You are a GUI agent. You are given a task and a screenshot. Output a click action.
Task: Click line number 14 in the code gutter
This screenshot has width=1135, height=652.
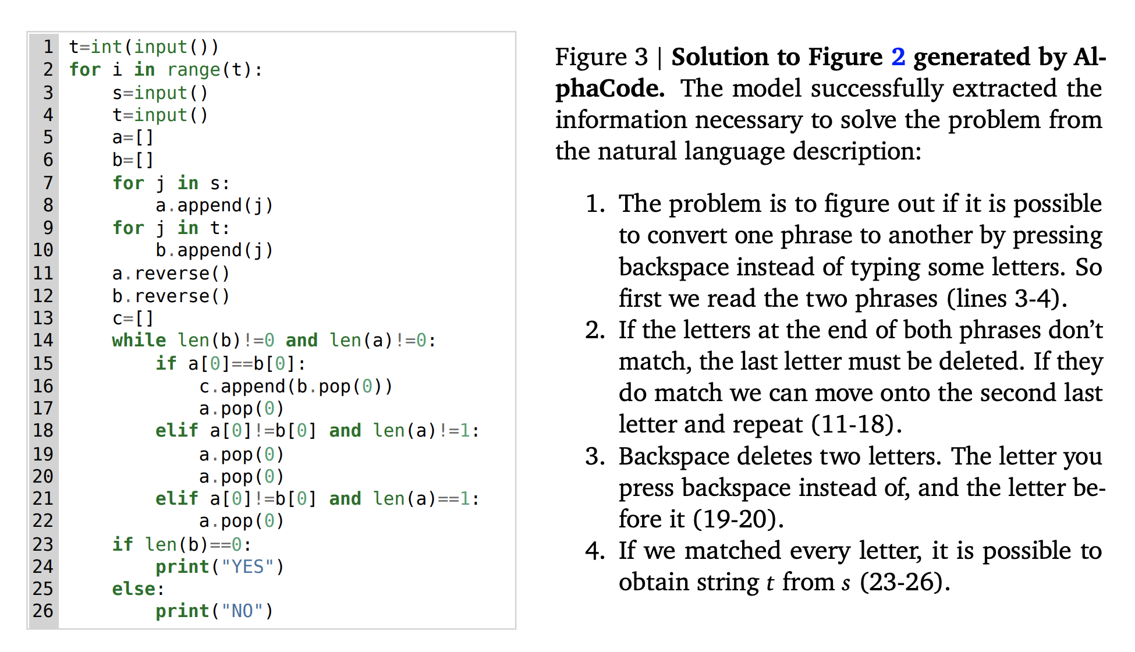coord(43,341)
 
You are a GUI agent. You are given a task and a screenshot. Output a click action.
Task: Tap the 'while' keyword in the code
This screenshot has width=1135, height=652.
coord(139,341)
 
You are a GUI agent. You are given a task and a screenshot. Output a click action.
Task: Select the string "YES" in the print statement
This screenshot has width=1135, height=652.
coord(247,566)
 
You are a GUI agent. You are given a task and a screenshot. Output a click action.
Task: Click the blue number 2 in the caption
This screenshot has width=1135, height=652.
coord(898,57)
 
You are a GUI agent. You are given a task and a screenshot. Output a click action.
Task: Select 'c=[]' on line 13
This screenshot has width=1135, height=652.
coord(133,318)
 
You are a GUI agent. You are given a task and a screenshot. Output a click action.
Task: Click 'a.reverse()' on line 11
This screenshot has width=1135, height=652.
coord(171,273)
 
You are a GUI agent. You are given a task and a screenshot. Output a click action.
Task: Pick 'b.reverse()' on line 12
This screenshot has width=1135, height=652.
coord(171,296)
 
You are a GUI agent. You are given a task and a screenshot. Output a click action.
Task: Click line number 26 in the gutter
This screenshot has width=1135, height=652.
coord(43,611)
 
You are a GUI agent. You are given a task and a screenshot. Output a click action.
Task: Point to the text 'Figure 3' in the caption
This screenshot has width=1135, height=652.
coord(601,57)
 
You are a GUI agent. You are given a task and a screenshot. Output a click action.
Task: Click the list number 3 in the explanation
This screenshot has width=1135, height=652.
coord(595,456)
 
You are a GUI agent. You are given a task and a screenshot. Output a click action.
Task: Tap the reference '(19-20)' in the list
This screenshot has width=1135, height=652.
coord(738,519)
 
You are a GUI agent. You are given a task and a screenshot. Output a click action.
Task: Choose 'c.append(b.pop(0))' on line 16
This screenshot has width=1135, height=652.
coord(296,387)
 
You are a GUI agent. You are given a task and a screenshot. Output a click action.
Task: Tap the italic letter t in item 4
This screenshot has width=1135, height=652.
coord(770,583)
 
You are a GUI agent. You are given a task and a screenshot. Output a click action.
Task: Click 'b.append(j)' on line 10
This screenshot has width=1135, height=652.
coord(214,250)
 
